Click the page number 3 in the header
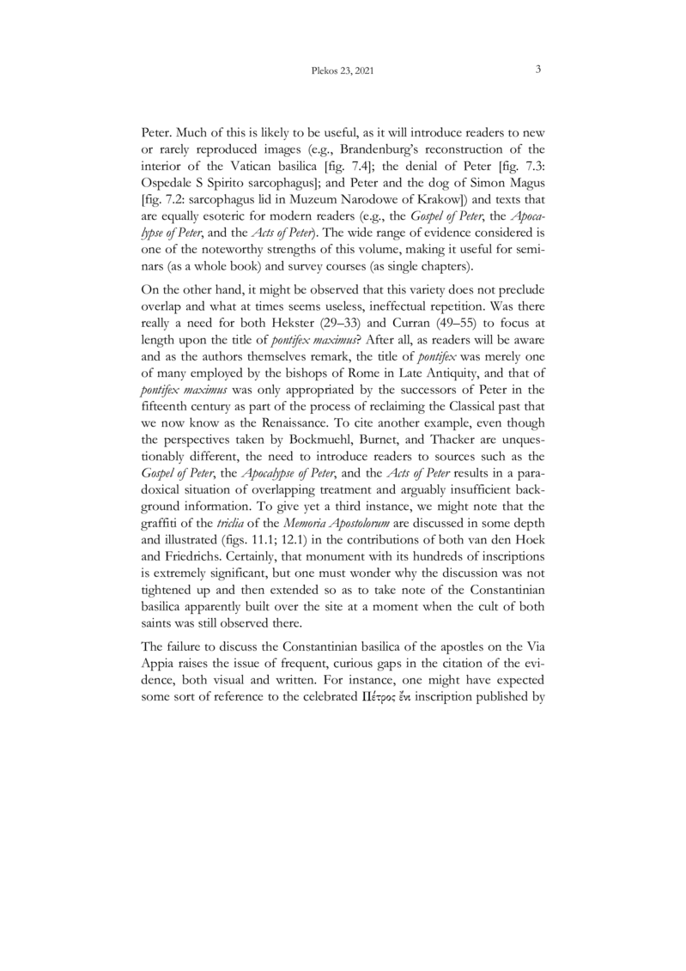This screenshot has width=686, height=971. tap(537, 70)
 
